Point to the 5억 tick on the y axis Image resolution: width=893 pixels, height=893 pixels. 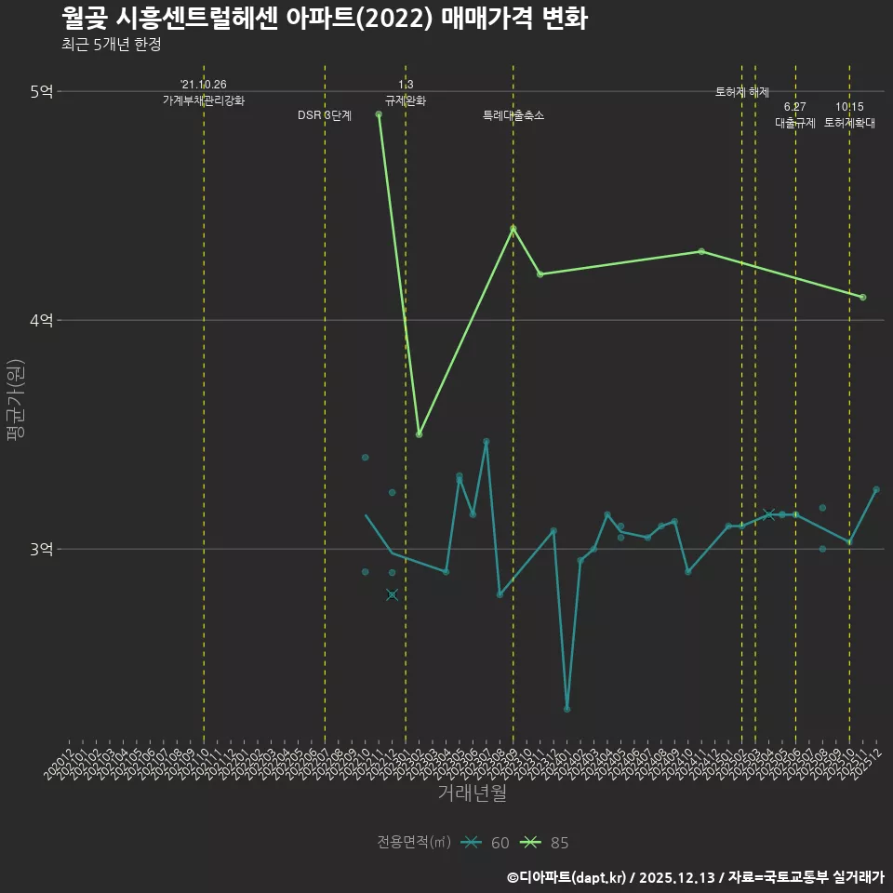42,91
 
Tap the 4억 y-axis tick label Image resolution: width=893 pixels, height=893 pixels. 42,320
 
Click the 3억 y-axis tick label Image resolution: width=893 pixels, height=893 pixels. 42,549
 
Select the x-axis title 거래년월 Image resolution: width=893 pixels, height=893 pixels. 473,793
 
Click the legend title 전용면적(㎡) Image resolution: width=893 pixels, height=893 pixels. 413,843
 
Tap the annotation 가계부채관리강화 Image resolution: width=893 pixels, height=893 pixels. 204,100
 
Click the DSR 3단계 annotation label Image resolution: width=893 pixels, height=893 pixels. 325,115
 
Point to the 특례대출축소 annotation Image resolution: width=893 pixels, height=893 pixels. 513,115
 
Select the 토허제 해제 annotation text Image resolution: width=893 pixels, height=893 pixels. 742,92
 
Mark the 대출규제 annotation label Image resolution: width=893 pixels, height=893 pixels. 795,123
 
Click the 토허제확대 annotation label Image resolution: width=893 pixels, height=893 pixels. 849,123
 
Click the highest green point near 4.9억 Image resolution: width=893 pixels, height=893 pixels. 379,114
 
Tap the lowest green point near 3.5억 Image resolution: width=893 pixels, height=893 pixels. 420,434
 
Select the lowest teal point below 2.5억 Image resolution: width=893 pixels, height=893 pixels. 567,709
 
